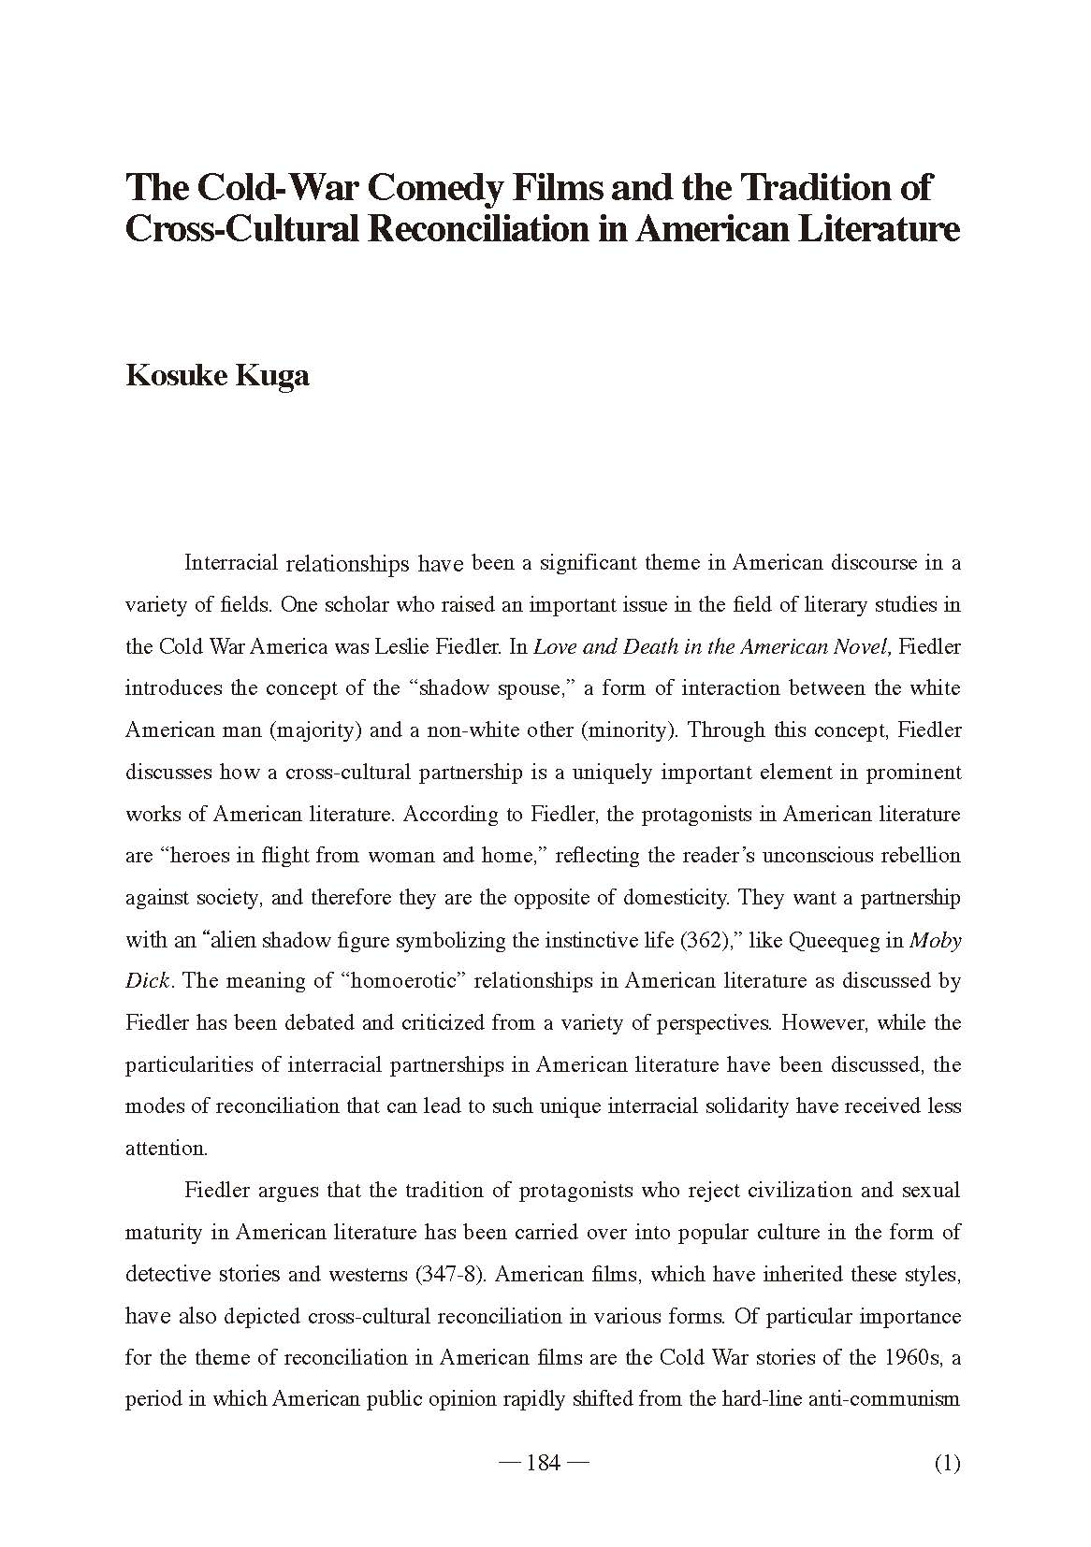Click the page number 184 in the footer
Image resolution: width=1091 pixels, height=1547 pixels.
click(x=544, y=1463)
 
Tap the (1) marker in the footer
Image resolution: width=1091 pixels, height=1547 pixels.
click(x=947, y=1463)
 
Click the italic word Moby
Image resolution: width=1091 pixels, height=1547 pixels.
click(x=936, y=940)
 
